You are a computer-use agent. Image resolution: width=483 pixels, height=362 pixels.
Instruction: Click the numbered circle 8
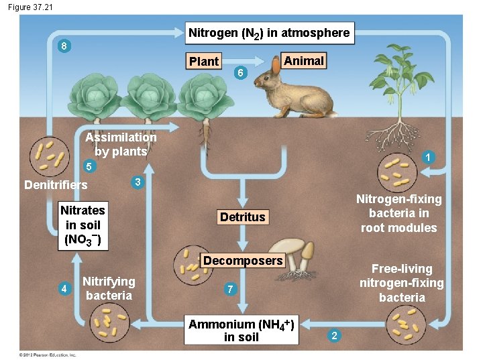pyautogui.click(x=63, y=46)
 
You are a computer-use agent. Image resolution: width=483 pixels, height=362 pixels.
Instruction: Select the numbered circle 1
pyautogui.click(x=427, y=157)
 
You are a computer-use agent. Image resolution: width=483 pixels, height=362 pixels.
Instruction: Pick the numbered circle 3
pyautogui.click(x=136, y=182)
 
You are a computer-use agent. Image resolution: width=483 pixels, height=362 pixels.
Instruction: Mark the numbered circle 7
pyautogui.click(x=230, y=289)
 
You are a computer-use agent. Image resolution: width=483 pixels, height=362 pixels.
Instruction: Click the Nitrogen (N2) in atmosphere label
pyautogui.click(x=269, y=33)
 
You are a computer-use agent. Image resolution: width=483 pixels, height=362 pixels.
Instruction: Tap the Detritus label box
pyautogui.click(x=243, y=217)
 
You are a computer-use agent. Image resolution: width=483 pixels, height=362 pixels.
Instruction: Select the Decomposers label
pyautogui.click(x=243, y=260)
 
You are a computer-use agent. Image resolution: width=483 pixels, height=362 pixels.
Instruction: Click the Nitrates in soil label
pyautogui.click(x=83, y=225)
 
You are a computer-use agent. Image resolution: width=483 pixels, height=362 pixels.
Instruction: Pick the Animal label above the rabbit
pyautogui.click(x=304, y=61)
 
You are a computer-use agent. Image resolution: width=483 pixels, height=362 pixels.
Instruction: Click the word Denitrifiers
pyautogui.click(x=56, y=184)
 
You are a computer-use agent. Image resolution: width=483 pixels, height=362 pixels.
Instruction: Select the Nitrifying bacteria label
pyautogui.click(x=109, y=288)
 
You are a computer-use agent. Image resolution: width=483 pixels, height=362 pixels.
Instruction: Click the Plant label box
pyautogui.click(x=204, y=61)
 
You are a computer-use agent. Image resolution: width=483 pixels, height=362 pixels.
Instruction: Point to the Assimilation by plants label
pyautogui.click(x=121, y=144)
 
